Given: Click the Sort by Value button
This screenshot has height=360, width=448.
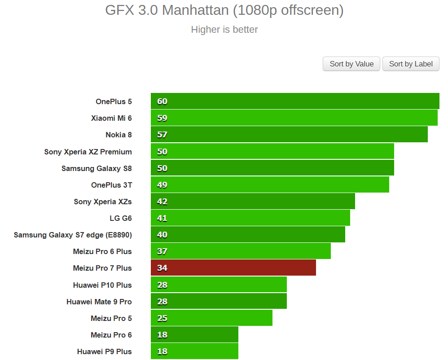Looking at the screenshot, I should coord(351,64).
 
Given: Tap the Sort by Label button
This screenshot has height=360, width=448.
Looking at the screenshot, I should coord(411,64).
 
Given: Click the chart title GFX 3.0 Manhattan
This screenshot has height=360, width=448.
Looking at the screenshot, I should coord(224,10).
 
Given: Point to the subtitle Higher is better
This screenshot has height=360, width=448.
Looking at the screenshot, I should coord(224,30).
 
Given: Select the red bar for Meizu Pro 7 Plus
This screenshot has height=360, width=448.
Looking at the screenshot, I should coord(233,268).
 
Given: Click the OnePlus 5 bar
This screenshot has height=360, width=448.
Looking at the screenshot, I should coord(295,101).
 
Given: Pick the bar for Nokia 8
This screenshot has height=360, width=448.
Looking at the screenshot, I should coord(289,135).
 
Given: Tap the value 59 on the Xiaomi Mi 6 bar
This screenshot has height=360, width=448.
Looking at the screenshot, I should coord(162,118).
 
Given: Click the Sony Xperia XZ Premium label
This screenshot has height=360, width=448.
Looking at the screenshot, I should coord(88,152).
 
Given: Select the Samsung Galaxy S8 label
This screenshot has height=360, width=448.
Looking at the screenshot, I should coord(97,168).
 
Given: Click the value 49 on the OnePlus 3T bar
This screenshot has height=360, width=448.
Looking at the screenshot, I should coord(162,185).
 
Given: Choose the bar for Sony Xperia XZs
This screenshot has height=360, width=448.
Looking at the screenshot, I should coord(253,202).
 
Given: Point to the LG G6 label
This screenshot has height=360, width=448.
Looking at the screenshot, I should coord(121,218).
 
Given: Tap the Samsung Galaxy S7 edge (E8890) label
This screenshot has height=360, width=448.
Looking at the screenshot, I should coord(73,235).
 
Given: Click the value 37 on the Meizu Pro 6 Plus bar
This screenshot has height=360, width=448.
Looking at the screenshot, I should coord(162,251).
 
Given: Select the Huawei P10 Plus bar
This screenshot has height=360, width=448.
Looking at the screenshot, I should coord(219,285).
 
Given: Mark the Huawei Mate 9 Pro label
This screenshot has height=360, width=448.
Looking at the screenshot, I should coord(99,302).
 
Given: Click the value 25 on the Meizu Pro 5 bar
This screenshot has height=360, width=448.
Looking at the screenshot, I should coord(162,318).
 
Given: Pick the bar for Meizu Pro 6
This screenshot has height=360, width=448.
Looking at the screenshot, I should coord(194,335).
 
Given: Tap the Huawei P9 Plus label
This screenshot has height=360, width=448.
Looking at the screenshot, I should coord(104,351).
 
